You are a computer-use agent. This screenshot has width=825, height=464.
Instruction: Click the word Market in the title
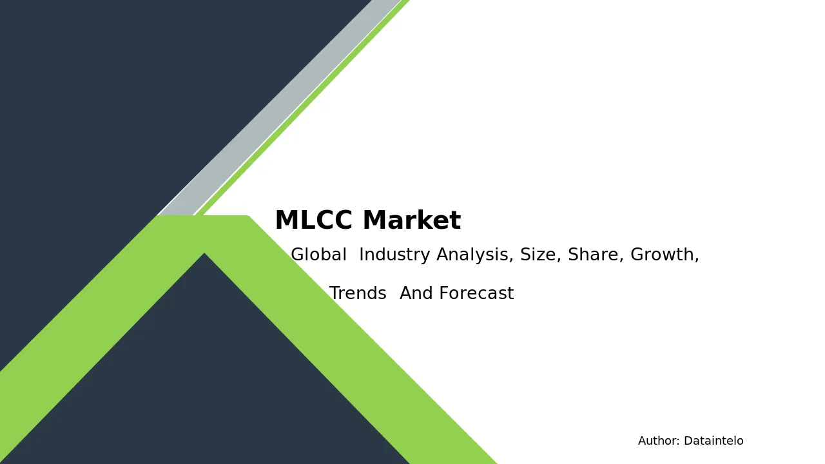[412, 220]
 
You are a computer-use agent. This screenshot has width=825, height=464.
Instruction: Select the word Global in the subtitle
[318, 255]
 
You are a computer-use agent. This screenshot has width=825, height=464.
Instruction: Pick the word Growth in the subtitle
[662, 255]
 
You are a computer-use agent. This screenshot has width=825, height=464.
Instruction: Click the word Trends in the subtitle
[358, 293]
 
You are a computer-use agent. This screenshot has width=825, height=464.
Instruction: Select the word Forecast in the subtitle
[476, 293]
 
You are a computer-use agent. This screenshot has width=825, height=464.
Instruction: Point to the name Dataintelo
[713, 441]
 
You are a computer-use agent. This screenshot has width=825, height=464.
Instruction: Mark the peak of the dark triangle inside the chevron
[204, 253]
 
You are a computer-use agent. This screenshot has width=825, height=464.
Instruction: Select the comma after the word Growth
[697, 260]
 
